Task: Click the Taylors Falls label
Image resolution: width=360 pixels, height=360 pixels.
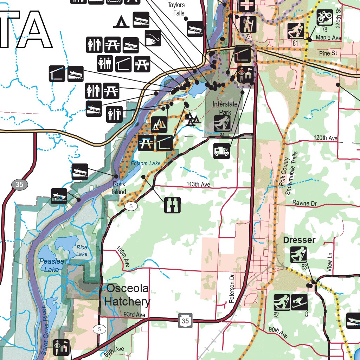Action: coord(176,9)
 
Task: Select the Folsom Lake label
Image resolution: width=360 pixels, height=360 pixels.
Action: coord(146,163)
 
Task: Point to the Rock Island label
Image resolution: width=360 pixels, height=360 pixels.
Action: coord(119,188)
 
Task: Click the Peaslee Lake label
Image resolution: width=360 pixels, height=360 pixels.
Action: coord(52,265)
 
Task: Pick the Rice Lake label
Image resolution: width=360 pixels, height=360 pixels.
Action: coord(82,251)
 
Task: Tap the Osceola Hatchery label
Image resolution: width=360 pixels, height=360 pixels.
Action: coord(127,295)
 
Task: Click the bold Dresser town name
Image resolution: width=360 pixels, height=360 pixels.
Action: coord(299,240)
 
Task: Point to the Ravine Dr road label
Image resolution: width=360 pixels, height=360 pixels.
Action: coord(304,203)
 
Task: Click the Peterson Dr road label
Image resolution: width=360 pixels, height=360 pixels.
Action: coord(232,289)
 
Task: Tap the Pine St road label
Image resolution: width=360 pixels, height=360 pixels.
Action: coord(328,53)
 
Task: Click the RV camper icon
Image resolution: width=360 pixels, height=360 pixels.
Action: coord(221,151)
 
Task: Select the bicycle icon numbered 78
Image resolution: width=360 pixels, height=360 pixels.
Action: coord(324,17)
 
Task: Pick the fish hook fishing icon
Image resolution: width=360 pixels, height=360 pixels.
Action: coord(153,38)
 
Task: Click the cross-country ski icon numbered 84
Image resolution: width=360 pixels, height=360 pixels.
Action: coord(222,124)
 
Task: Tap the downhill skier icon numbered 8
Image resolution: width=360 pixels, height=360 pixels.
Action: coord(299,302)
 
